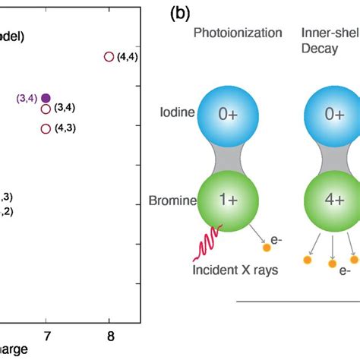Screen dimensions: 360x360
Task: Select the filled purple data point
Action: point(46,97)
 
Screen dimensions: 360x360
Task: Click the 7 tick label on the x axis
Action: point(46,335)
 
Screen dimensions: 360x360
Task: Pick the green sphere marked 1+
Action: point(227,204)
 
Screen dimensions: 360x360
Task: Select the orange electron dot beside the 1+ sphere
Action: point(267,247)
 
